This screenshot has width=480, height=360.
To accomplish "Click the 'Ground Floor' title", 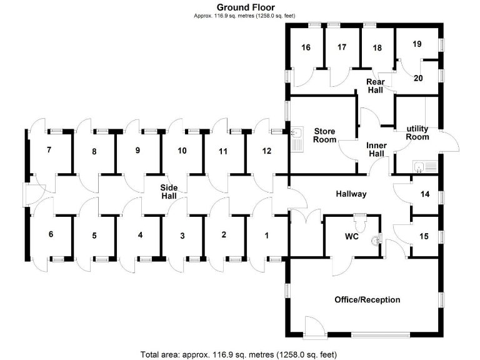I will [x=241, y=7].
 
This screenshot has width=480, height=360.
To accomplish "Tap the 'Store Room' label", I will [x=324, y=136].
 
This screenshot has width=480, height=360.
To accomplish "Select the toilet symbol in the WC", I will [x=359, y=221].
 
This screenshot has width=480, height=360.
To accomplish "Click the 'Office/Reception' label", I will [x=367, y=299].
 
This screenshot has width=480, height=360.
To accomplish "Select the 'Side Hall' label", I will [x=169, y=191].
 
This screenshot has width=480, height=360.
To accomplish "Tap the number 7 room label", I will [x=48, y=150].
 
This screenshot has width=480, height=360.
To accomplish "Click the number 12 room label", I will [x=267, y=151].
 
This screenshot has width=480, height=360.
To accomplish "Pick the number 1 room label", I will [x=267, y=236].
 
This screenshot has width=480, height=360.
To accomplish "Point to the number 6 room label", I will [x=51, y=235].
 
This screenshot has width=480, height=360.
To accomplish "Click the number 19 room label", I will [x=417, y=44].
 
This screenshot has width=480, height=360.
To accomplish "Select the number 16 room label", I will [x=306, y=47].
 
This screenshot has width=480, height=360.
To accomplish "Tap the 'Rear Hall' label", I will [x=375, y=86].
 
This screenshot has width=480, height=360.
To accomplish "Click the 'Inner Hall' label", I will [x=376, y=150].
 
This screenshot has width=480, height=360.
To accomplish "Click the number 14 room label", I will [x=425, y=194].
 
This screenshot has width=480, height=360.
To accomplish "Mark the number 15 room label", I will [x=424, y=236].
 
